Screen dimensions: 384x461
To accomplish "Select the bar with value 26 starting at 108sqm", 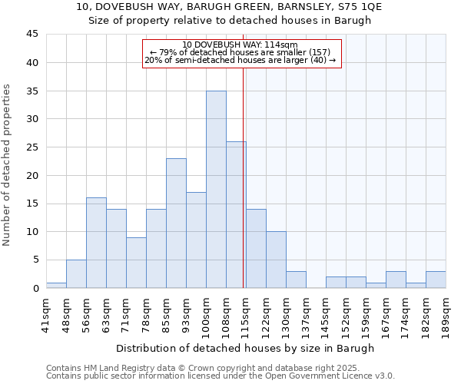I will (x=236, y=214).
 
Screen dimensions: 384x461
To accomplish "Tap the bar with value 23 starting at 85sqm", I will (x=176, y=223).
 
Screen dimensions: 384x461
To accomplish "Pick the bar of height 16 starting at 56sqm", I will (x=96, y=243).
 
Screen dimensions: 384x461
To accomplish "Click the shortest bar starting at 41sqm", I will (x=56, y=285).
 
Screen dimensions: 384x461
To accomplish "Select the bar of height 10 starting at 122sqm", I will (x=276, y=260).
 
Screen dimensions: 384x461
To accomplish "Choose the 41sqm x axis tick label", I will (x=47, y=313).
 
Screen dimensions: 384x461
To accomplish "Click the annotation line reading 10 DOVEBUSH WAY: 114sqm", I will (x=240, y=45).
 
